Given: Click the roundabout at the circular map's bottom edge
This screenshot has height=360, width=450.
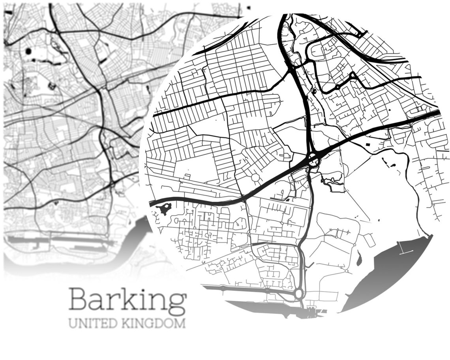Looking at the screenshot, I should pyautogui.click(x=298, y=293).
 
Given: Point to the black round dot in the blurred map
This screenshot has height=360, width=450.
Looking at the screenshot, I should pyautogui.click(x=29, y=51).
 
